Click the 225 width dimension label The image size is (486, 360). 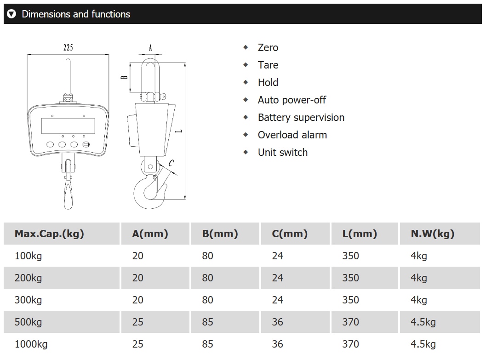point(69,47)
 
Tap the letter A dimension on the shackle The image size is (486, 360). point(150,47)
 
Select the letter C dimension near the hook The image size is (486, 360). point(171,162)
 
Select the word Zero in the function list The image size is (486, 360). point(268,48)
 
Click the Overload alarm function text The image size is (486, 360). point(292,135)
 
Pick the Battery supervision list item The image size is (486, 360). point(301,118)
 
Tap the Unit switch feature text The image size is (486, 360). point(282,153)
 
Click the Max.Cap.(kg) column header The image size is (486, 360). point(49,234)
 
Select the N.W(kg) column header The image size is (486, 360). point(432,234)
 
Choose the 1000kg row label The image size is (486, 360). point(31,344)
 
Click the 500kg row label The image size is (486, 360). point(28,322)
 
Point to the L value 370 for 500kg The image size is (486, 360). point(350,322)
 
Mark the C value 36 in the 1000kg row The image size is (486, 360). point(277,344)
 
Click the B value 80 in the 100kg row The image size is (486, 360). point(207,256)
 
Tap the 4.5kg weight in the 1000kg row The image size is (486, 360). point(423,344)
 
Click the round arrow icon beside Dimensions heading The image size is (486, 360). point(12,14)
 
